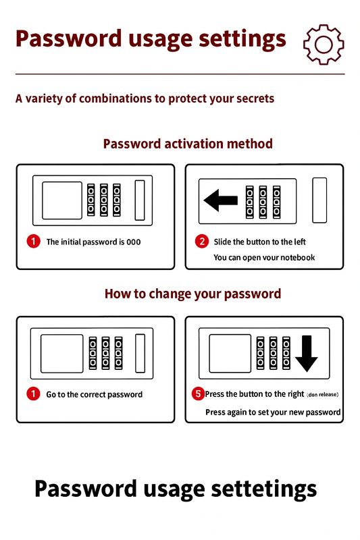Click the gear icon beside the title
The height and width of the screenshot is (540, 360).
tap(323, 45)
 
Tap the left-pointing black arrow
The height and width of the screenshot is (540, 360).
tap(221, 200)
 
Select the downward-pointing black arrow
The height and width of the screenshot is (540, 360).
tap(306, 354)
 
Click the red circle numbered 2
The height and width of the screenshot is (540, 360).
tap(202, 242)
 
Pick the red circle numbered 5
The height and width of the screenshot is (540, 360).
tap(198, 394)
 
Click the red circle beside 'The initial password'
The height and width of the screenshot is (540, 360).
tap(33, 242)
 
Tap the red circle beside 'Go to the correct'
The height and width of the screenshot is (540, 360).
tap(33, 394)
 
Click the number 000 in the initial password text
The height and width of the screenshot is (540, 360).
tap(134, 242)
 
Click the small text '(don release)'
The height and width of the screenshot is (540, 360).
tap(322, 395)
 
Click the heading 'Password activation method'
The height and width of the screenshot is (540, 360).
tap(188, 144)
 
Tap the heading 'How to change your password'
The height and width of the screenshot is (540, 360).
tap(193, 294)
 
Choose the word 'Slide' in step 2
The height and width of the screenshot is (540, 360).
tap(222, 242)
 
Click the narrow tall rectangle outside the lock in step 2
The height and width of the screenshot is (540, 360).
tap(319, 200)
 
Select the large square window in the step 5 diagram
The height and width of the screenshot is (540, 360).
tap(230, 353)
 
